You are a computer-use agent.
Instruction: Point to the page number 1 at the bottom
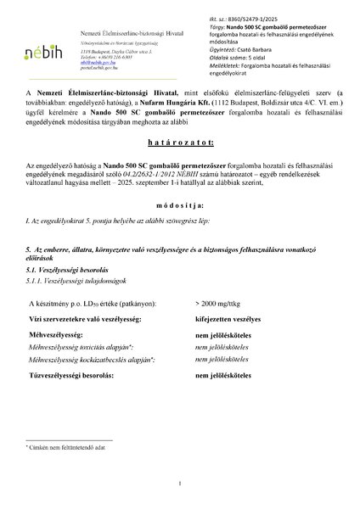(180, 484)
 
